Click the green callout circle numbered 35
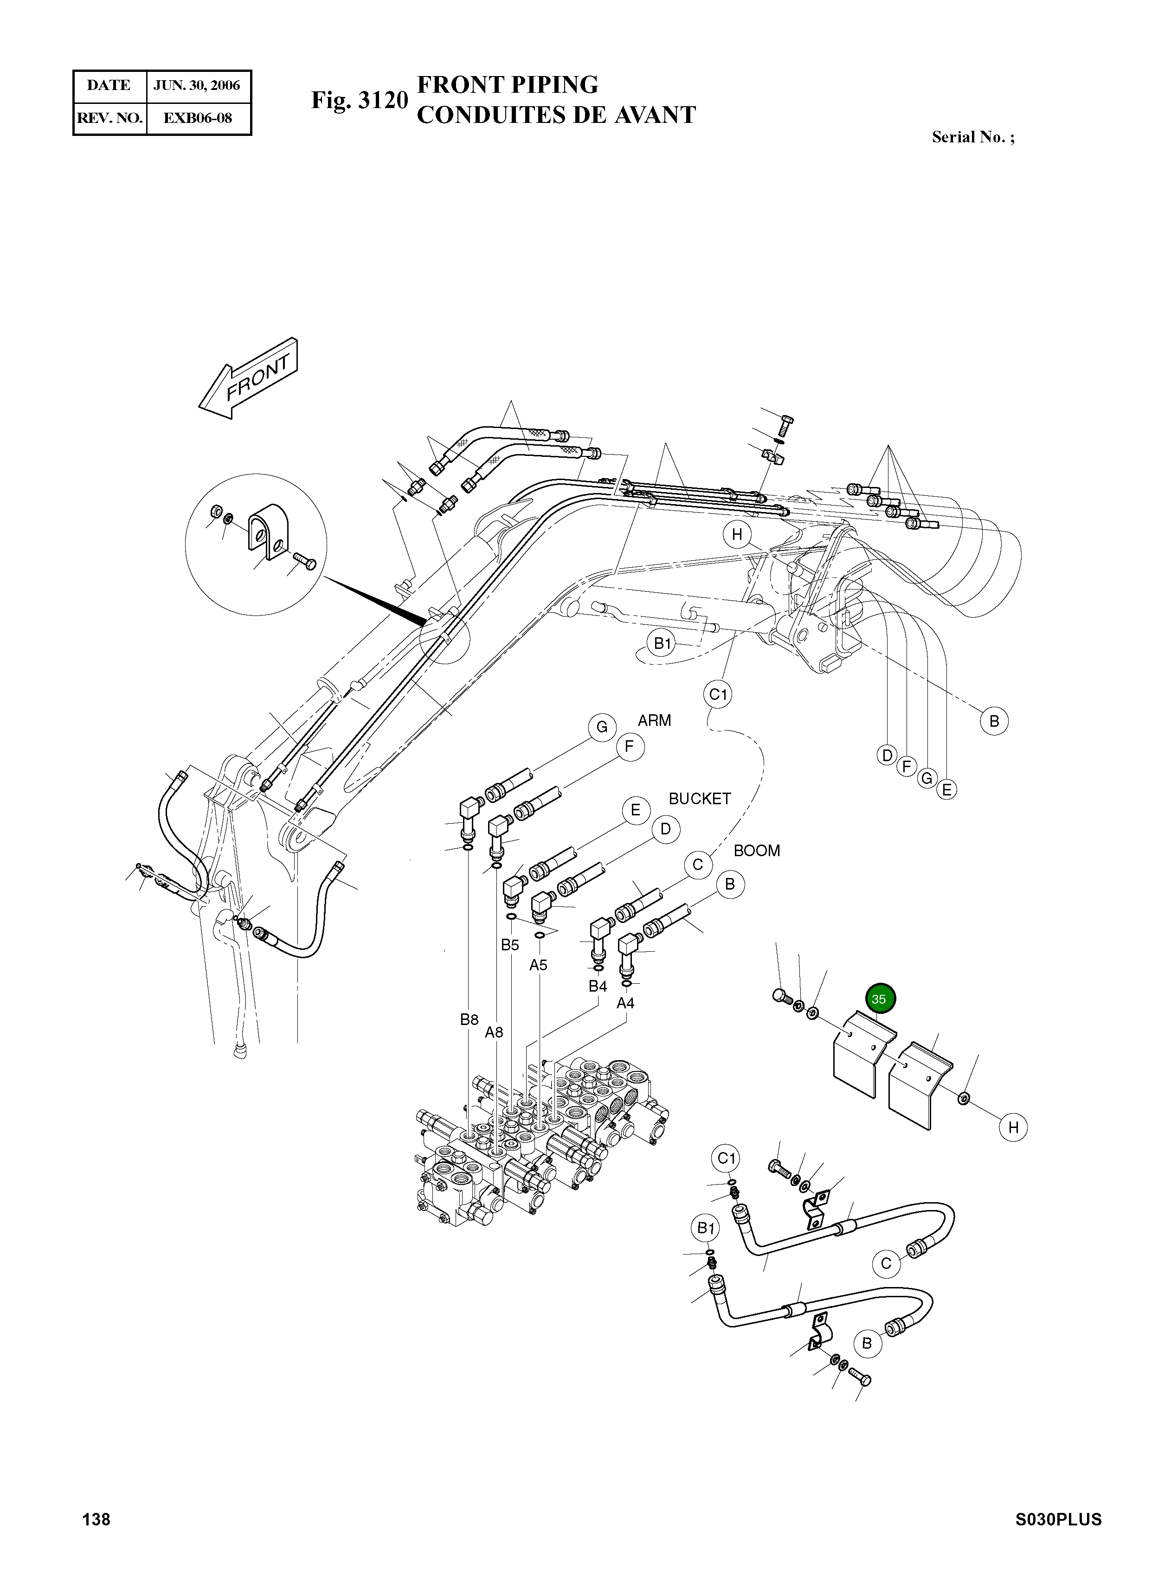tap(880, 999)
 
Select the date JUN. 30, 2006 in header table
tap(198, 86)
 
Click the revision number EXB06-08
tap(198, 118)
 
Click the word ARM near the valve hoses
tap(654, 721)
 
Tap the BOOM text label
tap(756, 851)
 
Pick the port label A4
tap(625, 1003)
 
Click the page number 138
tap(97, 1539)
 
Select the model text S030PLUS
tap(1058, 1539)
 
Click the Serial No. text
tap(972, 137)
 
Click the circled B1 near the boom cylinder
tap(662, 643)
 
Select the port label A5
tap(538, 965)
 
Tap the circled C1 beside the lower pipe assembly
tap(726, 1159)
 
